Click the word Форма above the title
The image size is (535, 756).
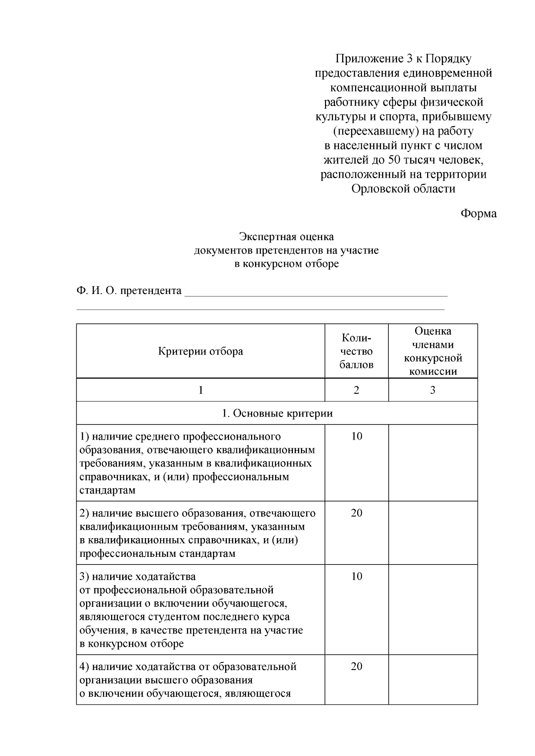point(478,213)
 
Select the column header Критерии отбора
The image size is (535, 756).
point(201,351)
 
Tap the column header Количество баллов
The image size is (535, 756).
point(356,351)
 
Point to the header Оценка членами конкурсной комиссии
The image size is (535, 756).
point(432,351)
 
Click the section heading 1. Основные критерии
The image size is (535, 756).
point(277,413)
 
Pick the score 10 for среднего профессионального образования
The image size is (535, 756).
point(357,436)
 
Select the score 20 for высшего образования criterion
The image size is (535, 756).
point(357,513)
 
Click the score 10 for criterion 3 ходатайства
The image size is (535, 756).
point(357,576)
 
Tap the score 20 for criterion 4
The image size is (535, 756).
point(357,666)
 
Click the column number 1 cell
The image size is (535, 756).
point(201,390)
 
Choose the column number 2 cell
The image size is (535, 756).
point(356,390)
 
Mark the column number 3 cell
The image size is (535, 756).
point(432,390)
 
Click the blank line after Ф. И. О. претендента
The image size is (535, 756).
point(316,292)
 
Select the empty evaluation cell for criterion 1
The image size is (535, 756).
point(432,462)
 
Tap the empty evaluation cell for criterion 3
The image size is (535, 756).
point(432,609)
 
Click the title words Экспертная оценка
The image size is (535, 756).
point(286,237)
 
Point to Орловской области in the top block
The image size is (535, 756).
point(403,189)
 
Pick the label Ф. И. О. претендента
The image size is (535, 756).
point(129,291)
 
